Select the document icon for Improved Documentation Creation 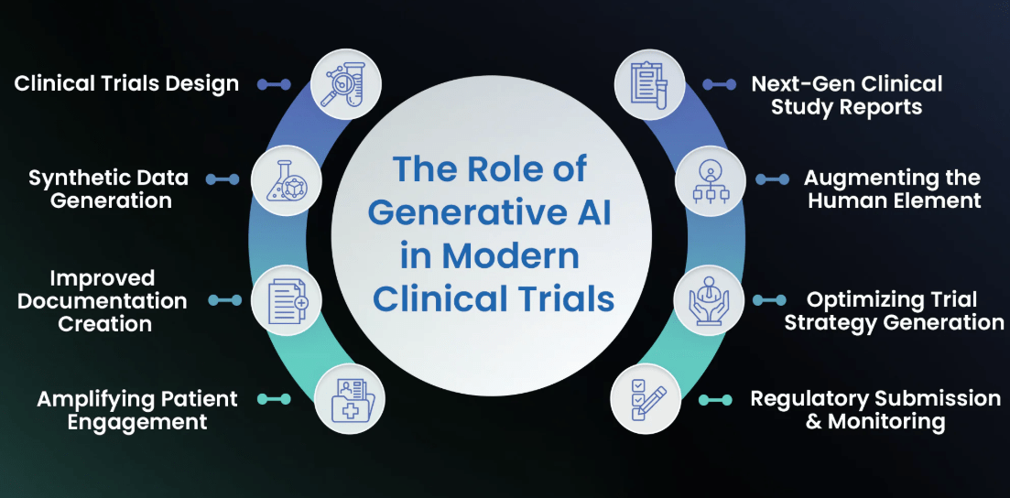(285, 300)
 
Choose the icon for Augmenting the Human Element (710, 180)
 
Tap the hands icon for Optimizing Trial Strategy (710, 300)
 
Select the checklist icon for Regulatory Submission (647, 399)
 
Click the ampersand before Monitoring (814, 422)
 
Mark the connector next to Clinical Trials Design (274, 84)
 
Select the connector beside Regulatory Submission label (716, 399)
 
